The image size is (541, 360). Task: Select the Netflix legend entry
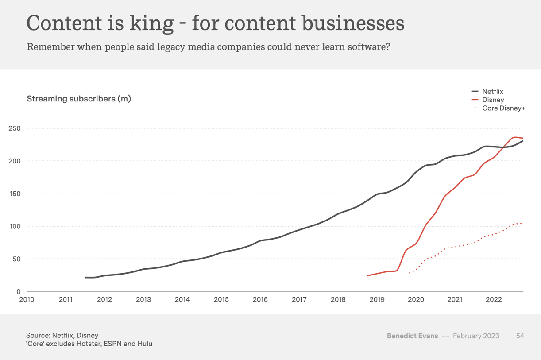pos(492,92)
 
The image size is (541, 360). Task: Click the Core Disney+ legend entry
pos(503,108)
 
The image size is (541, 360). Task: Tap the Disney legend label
pos(493,100)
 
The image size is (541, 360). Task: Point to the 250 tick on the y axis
pos(15,128)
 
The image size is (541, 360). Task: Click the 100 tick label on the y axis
pos(15,226)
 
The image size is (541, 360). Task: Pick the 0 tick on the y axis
pos(19,291)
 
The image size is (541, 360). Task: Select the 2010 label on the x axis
pos(27,299)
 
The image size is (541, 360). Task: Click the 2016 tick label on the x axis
pos(260,299)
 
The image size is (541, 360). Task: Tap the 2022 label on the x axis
pos(494,299)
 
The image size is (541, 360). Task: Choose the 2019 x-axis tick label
pos(377,299)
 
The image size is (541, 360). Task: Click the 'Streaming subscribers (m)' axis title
pos(79,99)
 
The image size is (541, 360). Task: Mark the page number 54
pos(520,336)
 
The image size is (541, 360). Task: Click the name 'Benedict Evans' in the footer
pos(412,336)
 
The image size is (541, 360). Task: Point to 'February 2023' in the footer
pos(476,336)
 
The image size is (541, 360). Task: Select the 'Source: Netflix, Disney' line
pos(62,335)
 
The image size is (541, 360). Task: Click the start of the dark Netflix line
pos(85,277)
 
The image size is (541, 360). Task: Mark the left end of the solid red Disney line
pos(367,276)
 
